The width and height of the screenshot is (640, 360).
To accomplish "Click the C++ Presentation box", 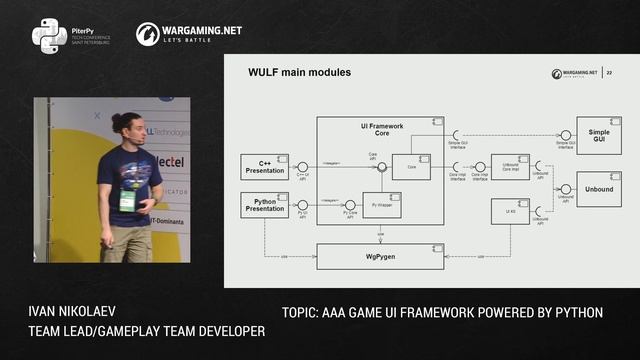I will click(x=265, y=167).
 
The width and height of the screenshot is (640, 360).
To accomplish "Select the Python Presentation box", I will click(x=265, y=206).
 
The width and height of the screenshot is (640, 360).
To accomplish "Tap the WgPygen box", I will click(x=380, y=256).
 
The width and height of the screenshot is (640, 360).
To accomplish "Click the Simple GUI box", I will click(x=598, y=136).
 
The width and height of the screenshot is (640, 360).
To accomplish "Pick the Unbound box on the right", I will click(x=598, y=188).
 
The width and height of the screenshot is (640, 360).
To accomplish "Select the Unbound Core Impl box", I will click(x=510, y=167).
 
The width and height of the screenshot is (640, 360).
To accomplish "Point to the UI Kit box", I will click(x=510, y=211).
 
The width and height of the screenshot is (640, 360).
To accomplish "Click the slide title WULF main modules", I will click(x=299, y=73).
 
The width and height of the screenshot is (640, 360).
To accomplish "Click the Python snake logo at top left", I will click(x=49, y=36).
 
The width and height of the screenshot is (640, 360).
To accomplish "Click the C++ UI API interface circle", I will click(x=302, y=166).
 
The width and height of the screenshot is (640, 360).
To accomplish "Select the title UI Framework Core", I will click(x=380, y=131).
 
